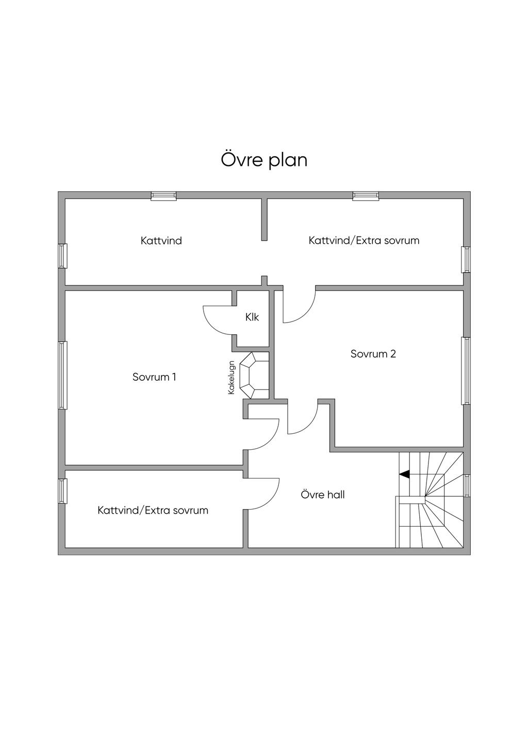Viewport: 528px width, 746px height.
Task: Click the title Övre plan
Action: pyautogui.click(x=264, y=160)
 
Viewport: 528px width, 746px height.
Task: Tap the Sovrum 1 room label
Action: pyautogui.click(x=154, y=377)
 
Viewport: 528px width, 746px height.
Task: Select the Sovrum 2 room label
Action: pyautogui.click(x=373, y=354)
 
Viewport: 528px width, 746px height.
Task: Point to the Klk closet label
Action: pyautogui.click(x=252, y=317)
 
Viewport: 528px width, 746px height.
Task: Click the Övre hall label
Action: pyautogui.click(x=323, y=495)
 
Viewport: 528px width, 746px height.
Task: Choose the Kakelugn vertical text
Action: pyautogui.click(x=232, y=378)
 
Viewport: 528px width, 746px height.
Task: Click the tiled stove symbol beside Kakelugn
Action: pyautogui.click(x=255, y=376)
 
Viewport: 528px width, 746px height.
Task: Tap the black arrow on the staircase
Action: pyautogui.click(x=404, y=474)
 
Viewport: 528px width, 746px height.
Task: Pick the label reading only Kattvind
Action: pyautogui.click(x=161, y=241)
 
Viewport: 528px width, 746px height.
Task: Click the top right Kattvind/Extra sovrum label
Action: pyautogui.click(x=364, y=241)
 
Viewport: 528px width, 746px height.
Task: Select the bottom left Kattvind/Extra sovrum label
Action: pyautogui.click(x=153, y=511)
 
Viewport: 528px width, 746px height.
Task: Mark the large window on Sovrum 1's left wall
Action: pyautogui.click(x=62, y=375)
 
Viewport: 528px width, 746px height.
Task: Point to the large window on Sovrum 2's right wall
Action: pyautogui.click(x=466, y=371)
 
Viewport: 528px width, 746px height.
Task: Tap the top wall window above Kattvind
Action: pyautogui.click(x=163, y=196)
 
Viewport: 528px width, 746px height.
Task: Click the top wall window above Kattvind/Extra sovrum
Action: pyautogui.click(x=366, y=196)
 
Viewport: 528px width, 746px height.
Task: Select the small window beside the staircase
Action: pyautogui.click(x=467, y=485)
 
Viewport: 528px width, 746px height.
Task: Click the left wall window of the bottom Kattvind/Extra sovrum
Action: pyautogui.click(x=62, y=491)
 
